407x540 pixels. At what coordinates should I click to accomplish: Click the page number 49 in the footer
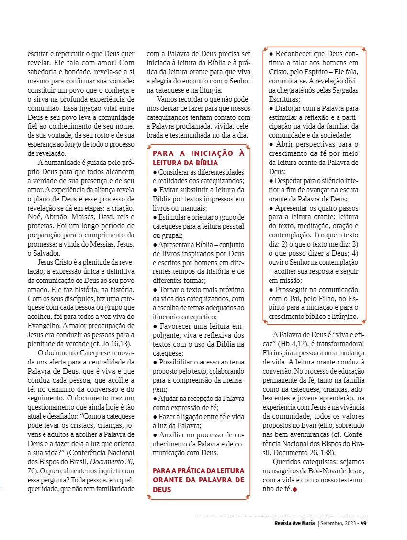(x=363, y=523)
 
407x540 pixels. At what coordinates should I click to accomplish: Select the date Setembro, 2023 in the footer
(x=339, y=523)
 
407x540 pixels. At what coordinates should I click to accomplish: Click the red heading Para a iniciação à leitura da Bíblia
(x=198, y=158)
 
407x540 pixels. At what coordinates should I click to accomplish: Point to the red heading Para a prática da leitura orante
(x=198, y=480)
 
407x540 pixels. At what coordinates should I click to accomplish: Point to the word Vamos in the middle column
(x=167, y=99)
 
